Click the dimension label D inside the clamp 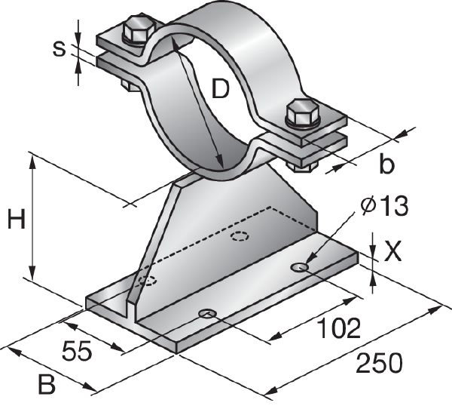coord(219,91)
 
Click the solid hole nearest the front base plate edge coord(206,312)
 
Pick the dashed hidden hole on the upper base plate coord(240,237)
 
